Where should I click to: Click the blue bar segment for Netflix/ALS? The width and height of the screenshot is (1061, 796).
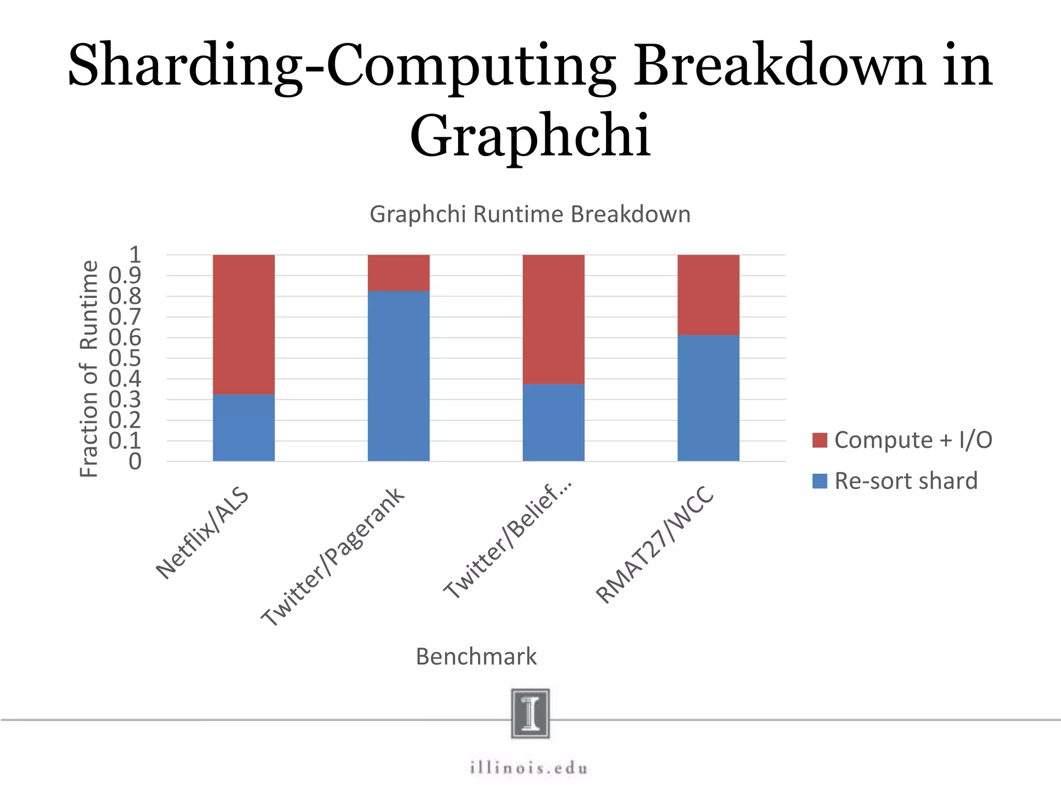(243, 428)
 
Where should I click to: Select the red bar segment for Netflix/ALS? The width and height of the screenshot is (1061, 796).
(243, 324)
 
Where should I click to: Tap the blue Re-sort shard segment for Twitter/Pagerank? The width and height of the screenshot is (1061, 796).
(398, 376)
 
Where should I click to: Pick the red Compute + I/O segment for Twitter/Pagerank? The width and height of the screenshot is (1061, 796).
(398, 273)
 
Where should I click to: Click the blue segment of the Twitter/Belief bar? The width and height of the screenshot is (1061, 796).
(553, 422)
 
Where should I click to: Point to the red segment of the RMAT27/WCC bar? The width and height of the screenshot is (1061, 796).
(708, 295)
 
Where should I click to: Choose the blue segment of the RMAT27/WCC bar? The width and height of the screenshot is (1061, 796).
(708, 398)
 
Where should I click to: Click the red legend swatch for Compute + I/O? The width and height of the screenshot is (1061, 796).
(820, 440)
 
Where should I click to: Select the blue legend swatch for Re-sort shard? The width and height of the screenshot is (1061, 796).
(820, 481)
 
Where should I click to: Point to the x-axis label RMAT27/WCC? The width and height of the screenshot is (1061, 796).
(655, 545)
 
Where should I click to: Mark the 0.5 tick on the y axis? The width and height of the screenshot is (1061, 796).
(125, 358)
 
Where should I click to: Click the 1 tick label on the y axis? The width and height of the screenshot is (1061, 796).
(135, 254)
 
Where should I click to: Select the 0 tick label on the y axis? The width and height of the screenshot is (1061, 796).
(135, 461)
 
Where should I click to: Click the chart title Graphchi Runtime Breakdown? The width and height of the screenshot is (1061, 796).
(530, 215)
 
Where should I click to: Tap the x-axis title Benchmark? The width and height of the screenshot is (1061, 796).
(476, 657)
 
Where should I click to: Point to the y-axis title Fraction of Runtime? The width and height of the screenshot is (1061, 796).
(89, 368)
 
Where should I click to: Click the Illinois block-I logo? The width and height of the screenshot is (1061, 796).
(530, 713)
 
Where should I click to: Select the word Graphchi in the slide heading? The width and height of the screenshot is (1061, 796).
(530, 136)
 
